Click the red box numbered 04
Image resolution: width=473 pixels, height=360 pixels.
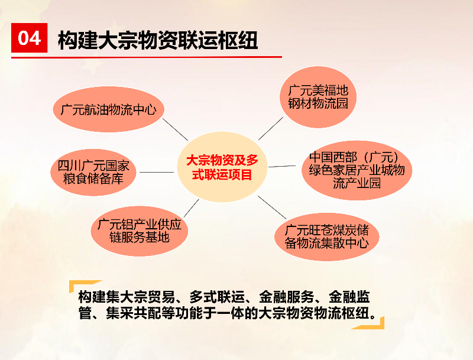29,38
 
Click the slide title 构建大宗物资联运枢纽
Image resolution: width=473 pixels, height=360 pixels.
158,40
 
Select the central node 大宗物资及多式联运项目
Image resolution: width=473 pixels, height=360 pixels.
222,167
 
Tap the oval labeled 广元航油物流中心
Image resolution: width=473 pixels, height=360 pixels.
109,109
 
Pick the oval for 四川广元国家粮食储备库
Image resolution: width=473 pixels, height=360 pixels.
93,172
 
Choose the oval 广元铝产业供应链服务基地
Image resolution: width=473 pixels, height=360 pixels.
140,231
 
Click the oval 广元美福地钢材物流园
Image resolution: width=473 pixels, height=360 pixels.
318,97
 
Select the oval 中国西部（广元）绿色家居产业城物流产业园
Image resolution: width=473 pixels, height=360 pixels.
357,170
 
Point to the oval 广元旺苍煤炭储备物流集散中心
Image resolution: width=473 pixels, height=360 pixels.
327,236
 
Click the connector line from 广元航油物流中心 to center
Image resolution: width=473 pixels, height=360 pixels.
175,129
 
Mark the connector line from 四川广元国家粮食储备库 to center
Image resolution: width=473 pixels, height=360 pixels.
157,173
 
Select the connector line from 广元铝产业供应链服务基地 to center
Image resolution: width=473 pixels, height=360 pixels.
192,208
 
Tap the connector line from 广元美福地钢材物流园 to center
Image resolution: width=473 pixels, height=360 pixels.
271,128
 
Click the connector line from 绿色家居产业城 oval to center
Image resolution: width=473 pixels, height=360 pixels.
282,166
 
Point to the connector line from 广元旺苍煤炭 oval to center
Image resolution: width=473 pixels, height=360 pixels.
272,207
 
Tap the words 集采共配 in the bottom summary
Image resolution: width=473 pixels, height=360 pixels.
134,313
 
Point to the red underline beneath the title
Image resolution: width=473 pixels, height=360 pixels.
147,57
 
